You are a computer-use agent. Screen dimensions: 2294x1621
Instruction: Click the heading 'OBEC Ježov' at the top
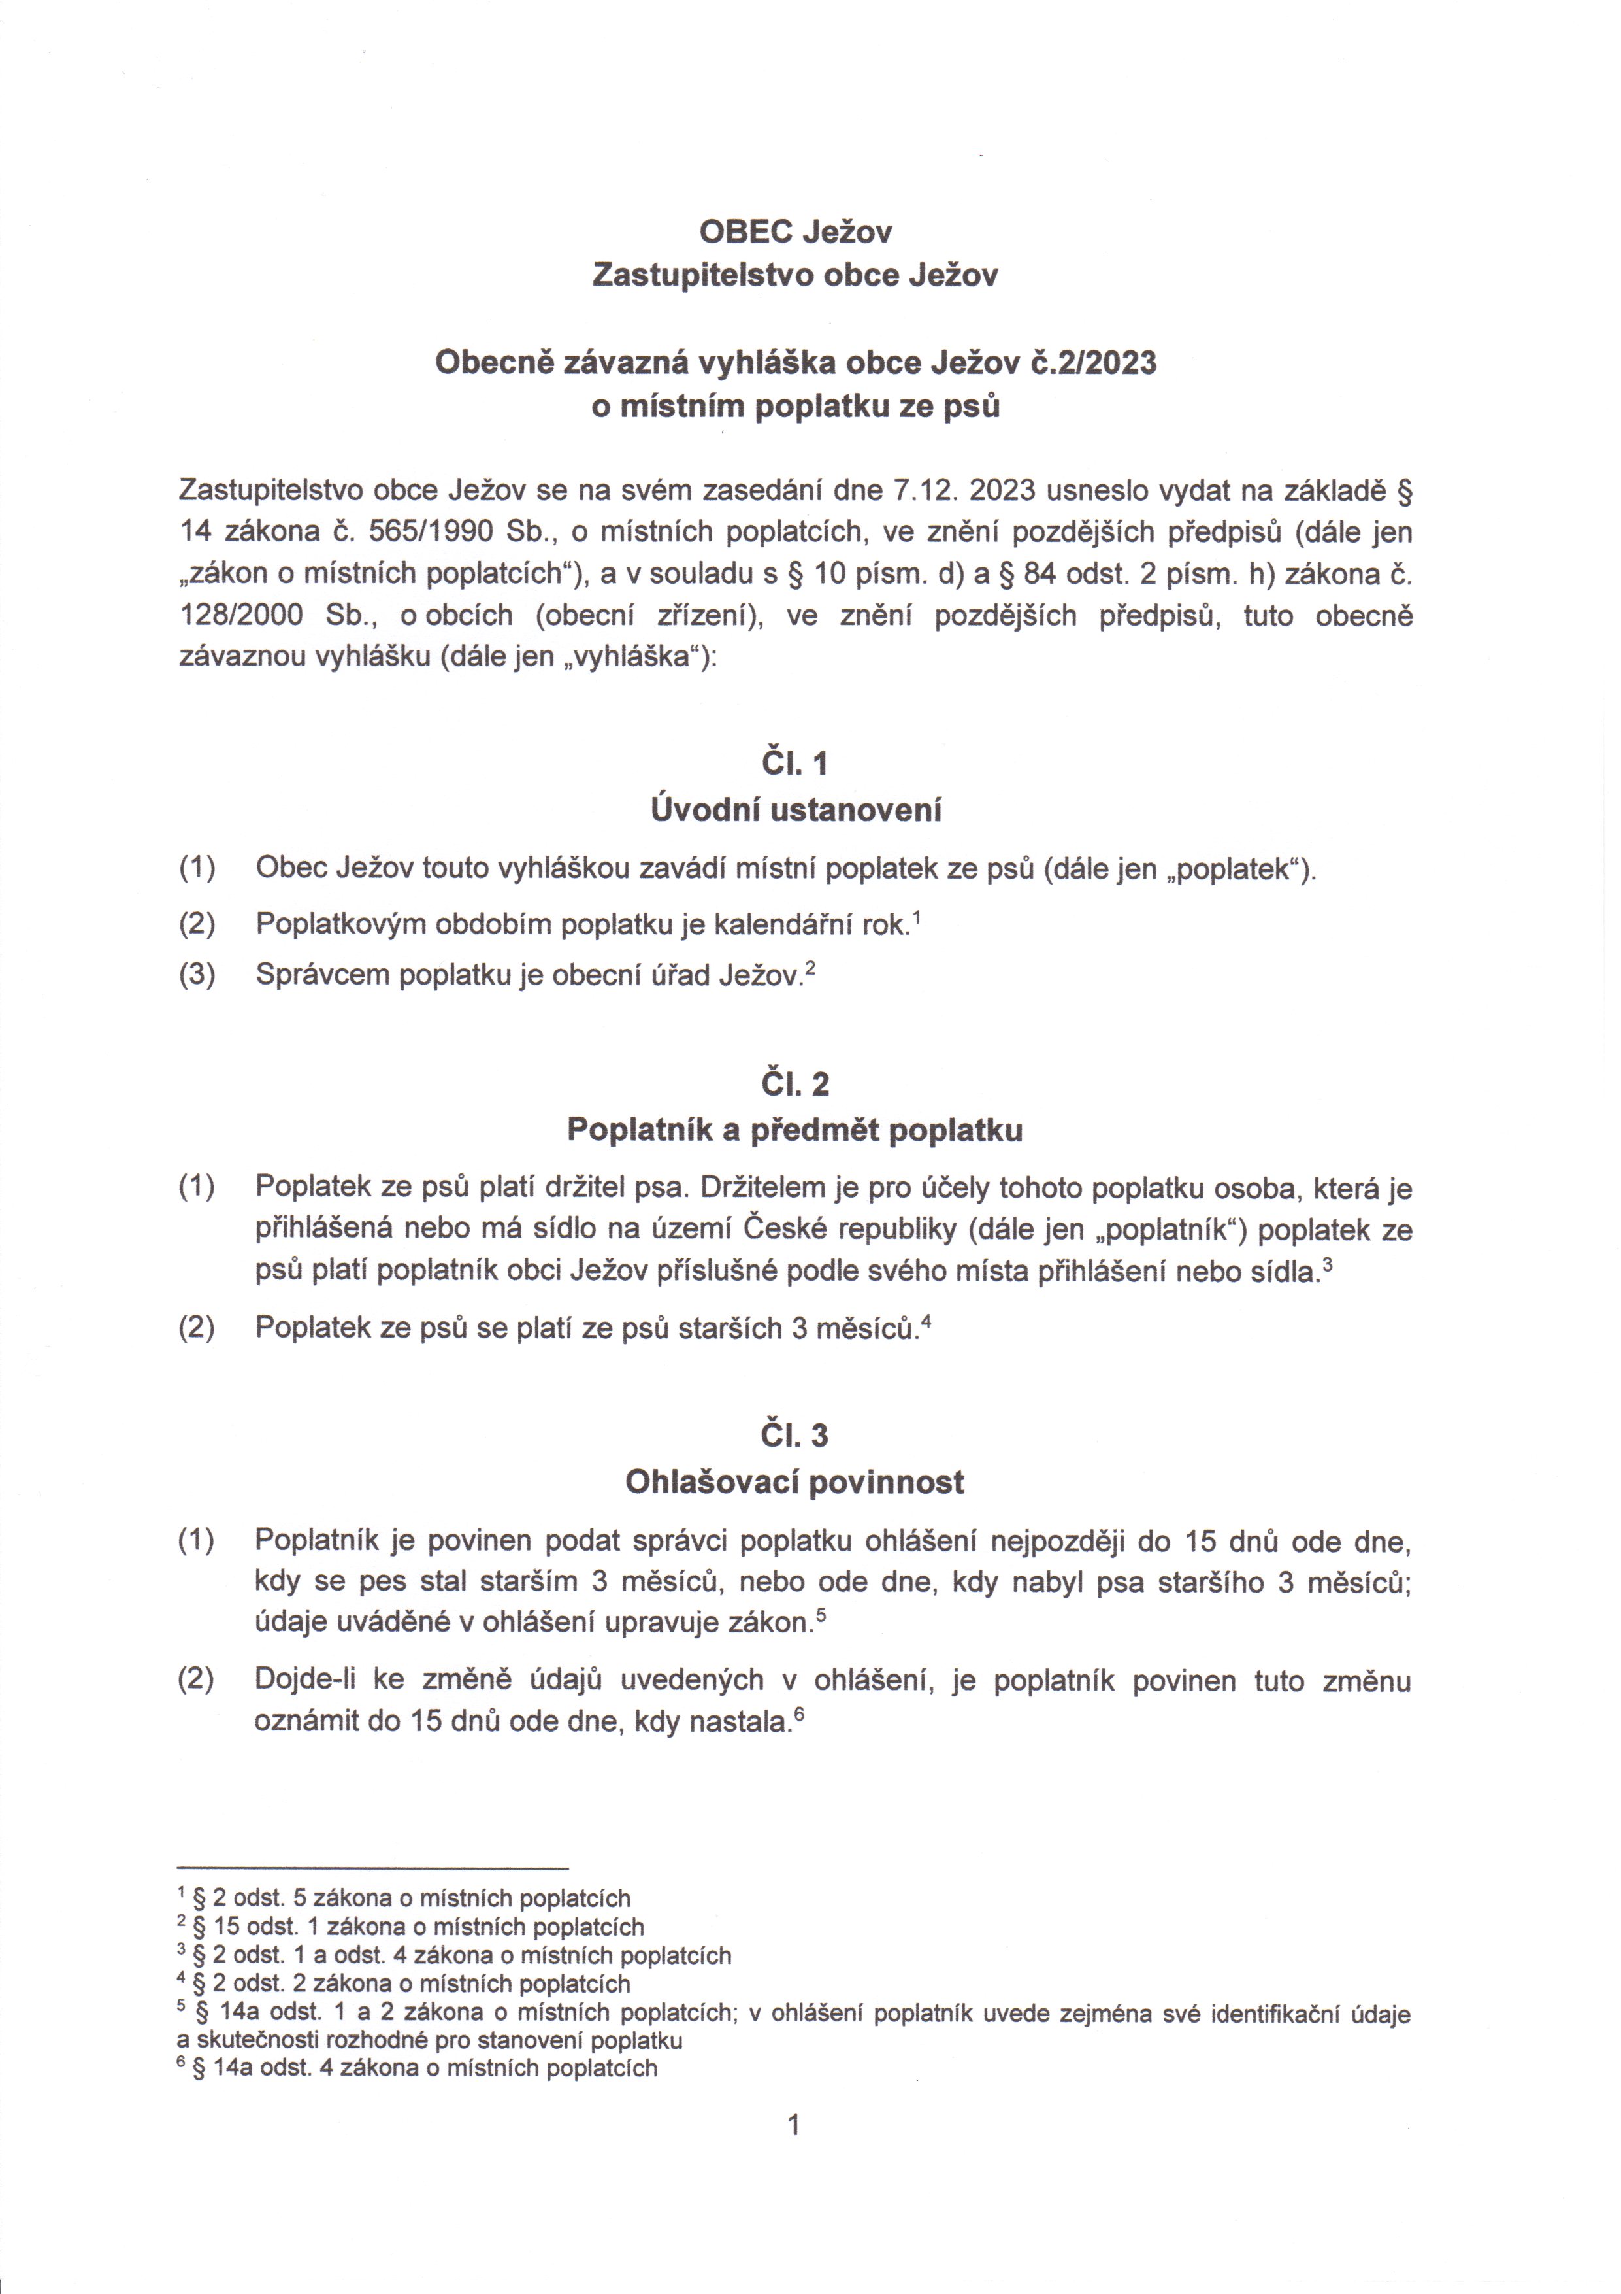click(795, 232)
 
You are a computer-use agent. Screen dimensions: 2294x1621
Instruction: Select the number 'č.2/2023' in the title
click(1094, 363)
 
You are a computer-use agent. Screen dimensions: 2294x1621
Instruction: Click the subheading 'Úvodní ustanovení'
click(795, 809)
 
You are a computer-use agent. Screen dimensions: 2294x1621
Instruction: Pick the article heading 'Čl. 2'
click(795, 1085)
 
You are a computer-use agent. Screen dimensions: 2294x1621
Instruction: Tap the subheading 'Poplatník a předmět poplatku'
click(795, 1130)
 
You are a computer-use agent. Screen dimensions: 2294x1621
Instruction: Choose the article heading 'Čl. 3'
click(795, 1436)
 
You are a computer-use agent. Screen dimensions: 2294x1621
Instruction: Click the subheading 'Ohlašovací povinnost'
click(795, 1481)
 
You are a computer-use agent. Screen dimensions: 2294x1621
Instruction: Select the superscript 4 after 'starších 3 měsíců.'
click(927, 1320)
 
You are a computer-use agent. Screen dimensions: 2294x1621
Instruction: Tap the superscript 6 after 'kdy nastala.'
click(799, 1715)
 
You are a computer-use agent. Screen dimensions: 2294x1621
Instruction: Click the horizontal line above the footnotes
click(372, 1867)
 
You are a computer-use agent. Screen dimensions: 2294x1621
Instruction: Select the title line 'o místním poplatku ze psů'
click(795, 408)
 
